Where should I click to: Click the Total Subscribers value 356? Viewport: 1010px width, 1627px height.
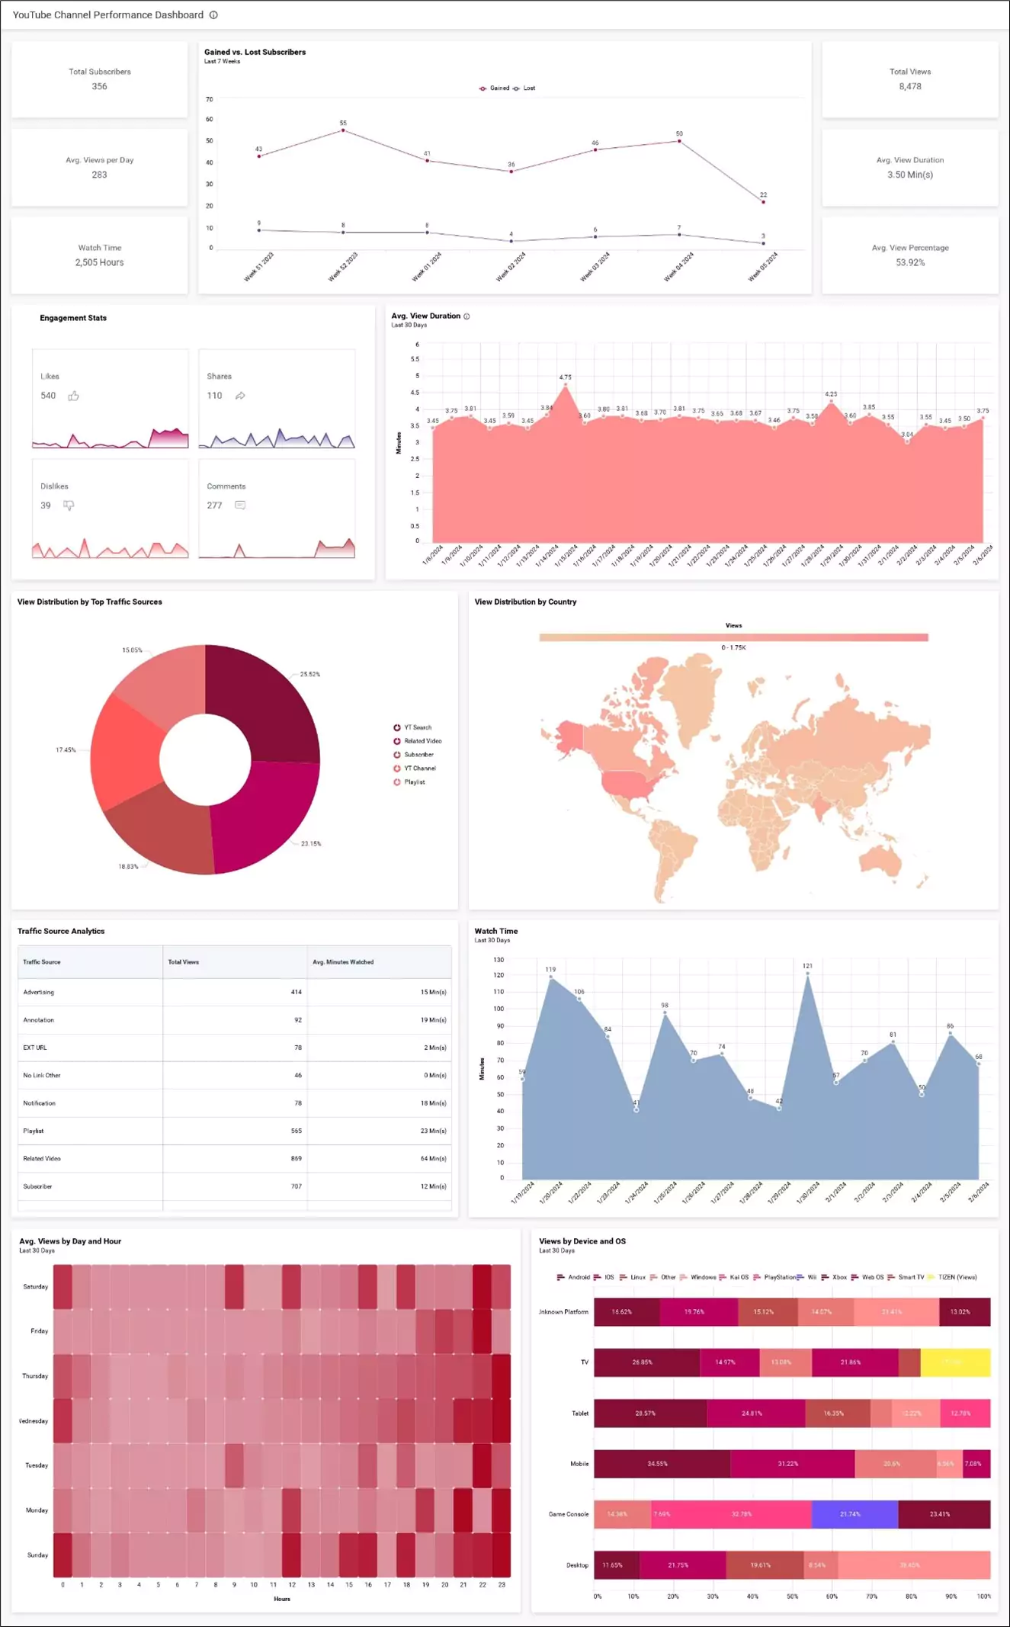99,87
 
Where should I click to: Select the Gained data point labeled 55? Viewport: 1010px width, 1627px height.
343,130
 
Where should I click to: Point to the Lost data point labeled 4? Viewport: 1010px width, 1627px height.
511,241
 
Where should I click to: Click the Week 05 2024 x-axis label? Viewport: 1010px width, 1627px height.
762,267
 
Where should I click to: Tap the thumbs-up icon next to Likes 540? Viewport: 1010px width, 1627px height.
74,396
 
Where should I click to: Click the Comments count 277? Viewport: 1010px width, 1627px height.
214,505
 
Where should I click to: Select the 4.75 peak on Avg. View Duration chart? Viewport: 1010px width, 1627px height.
565,384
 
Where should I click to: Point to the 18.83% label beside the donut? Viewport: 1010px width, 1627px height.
128,867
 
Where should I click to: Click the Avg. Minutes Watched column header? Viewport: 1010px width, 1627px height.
343,962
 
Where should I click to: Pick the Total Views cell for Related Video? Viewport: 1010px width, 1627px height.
296,1159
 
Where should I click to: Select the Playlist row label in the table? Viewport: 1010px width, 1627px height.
34,1131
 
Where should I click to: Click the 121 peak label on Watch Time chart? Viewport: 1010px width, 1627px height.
807,966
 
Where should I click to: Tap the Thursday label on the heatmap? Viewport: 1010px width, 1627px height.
35,1376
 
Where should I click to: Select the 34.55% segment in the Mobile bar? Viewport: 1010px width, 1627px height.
657,1464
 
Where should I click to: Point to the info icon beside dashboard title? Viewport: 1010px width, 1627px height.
213,15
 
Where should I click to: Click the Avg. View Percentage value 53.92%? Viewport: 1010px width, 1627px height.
910,263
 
